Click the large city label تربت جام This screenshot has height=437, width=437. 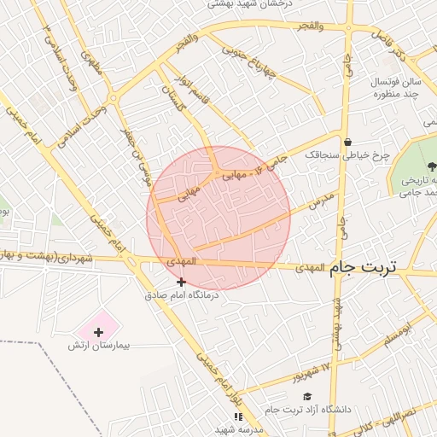pos(364,267)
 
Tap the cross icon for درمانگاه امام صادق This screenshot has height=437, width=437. pos(181,282)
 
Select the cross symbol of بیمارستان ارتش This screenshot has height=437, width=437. pos(99,330)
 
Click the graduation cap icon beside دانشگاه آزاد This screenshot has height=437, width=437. pos(306,397)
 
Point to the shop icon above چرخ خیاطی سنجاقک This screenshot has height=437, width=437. pos(347,143)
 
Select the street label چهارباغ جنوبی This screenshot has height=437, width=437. pos(249,61)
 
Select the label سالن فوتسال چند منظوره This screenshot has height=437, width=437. pos(395,86)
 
